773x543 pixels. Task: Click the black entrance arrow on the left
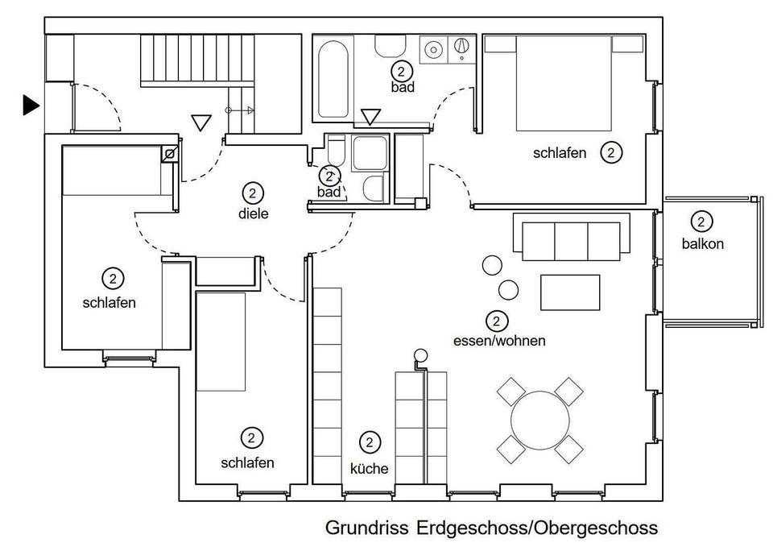31,105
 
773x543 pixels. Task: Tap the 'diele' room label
254,213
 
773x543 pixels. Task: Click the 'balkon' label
702,243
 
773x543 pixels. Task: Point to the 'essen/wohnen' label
499,340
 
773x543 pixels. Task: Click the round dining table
540,421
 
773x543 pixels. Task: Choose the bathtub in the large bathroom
333,79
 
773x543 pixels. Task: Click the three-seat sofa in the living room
572,237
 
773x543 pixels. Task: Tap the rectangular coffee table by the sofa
570,292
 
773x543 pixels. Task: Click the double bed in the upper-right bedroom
564,83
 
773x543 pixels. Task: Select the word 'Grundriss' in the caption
367,528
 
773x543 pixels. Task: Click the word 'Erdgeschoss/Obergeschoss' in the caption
537,528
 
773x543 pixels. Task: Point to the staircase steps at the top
196,60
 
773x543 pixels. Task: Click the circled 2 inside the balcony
701,222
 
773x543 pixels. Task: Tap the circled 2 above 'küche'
370,442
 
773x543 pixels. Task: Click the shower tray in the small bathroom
370,153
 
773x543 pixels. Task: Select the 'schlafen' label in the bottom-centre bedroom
247,462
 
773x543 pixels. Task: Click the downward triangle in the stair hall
201,122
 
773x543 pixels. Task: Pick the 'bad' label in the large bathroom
403,87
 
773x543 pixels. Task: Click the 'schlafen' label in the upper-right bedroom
560,153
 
